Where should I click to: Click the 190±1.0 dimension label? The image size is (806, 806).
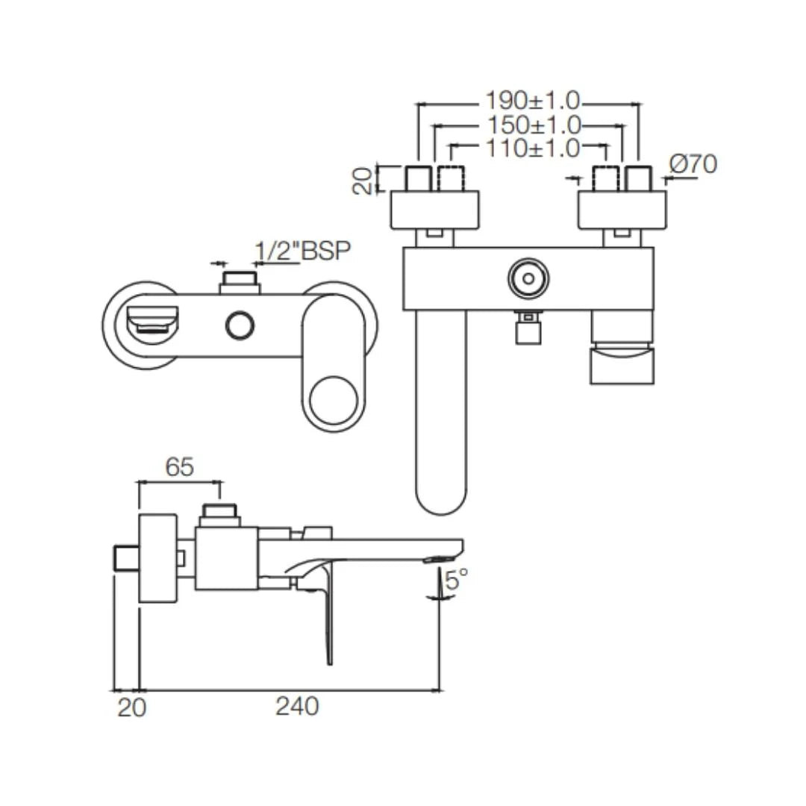pos(532,100)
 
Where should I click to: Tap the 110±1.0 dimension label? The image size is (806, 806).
pos(532,149)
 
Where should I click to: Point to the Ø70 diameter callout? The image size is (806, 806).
pos(693,164)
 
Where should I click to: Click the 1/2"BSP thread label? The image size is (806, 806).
pos(302,252)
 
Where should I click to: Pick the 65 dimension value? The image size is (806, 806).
pos(179,467)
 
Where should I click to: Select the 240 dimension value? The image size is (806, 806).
pos(297,706)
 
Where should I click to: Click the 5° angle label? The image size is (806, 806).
pos(456,579)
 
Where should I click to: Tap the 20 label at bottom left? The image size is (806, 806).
pos(131,707)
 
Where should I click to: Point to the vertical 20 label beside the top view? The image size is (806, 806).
pos(362,180)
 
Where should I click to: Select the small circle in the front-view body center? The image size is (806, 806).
pos(240,326)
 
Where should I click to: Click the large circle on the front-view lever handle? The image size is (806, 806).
pos(334,401)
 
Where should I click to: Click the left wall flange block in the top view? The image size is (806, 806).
pos(434,210)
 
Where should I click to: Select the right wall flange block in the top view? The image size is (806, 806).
pos(622,210)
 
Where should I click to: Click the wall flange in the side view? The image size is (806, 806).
pos(157,557)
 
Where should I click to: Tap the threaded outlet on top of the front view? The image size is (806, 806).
pos(239,283)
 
